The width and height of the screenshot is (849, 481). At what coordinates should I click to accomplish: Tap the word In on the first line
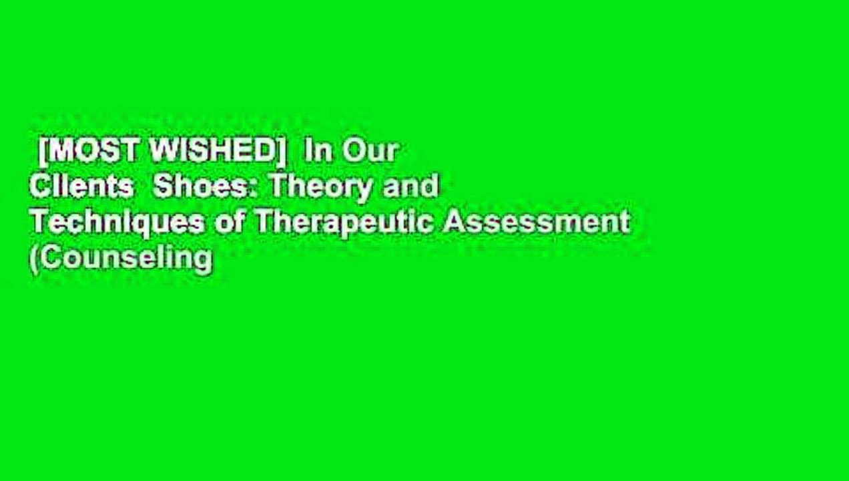tap(318, 152)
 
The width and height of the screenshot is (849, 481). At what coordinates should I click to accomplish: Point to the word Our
tap(370, 152)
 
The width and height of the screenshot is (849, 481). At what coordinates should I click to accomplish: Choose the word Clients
tap(81, 188)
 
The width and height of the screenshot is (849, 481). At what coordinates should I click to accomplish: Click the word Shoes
tap(204, 188)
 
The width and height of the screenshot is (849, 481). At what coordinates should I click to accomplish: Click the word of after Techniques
tap(230, 223)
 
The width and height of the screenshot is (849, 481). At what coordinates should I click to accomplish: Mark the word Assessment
tap(537, 223)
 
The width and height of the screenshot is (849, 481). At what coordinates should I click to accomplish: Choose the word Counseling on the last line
tap(124, 259)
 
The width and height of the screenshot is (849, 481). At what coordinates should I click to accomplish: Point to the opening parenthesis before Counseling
tap(33, 259)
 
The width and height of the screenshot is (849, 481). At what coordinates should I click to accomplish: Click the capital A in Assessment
tap(455, 223)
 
